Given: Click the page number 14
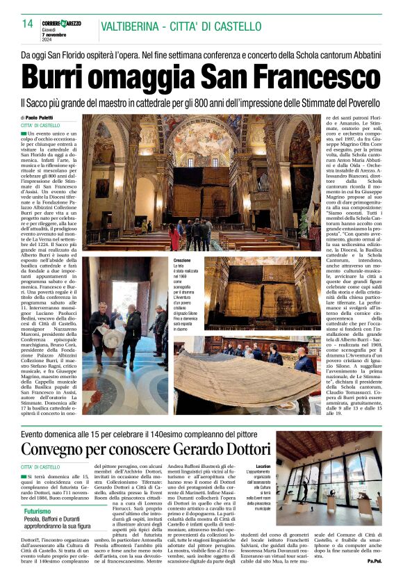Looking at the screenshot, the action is pyautogui.click(x=28, y=24).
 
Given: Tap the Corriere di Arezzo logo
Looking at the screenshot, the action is pyautogui.click(x=61, y=24).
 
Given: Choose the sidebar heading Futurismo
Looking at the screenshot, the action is pyautogui.click(x=38, y=511).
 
